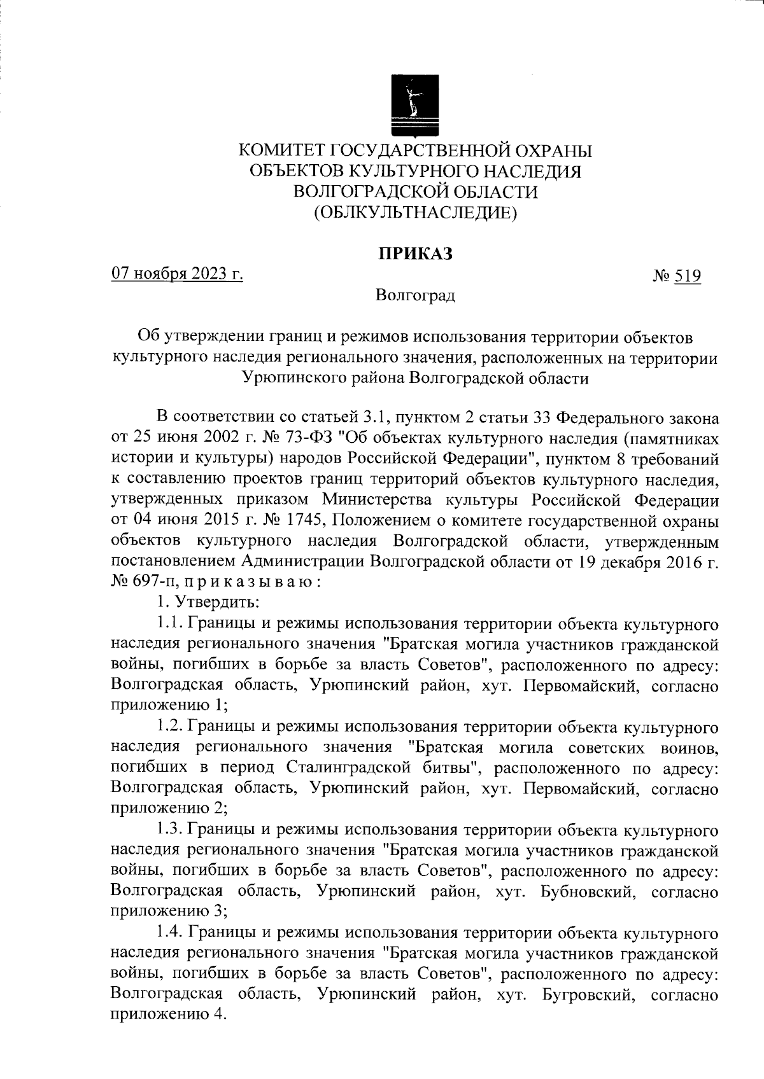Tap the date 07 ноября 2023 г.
point(178,275)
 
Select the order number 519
point(688,277)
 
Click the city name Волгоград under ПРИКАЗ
point(415,296)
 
